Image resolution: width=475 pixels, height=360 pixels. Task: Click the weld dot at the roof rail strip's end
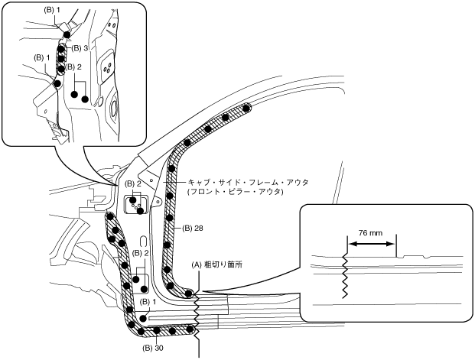pos(246,109)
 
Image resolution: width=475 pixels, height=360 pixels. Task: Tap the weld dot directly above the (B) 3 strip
pos(67,35)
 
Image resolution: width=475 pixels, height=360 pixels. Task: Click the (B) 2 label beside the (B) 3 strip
pos(73,66)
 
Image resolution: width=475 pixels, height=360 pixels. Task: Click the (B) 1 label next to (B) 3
pos(42,57)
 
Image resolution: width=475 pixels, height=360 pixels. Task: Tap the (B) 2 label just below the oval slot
pos(141,252)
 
